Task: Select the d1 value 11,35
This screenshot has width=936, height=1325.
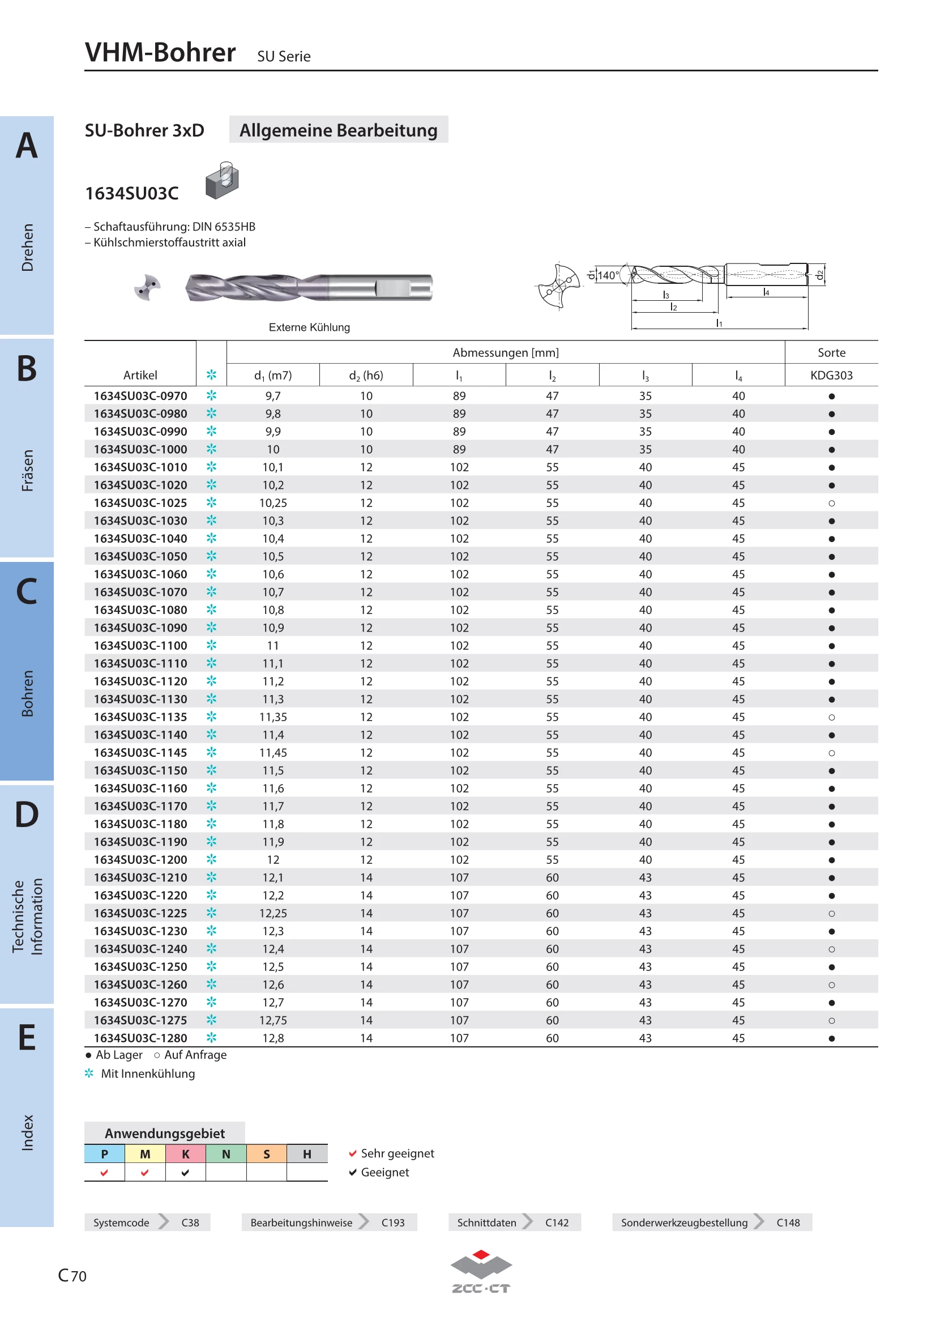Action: pyautogui.click(x=273, y=717)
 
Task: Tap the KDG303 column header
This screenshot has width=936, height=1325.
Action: pyautogui.click(x=831, y=375)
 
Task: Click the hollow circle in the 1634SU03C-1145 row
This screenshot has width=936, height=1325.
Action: pyautogui.click(x=831, y=752)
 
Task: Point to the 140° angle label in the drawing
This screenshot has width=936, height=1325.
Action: pyautogui.click(x=608, y=275)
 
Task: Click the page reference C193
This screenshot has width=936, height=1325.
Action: pyautogui.click(x=393, y=1222)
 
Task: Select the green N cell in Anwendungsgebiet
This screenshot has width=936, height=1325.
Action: pyautogui.click(x=226, y=1153)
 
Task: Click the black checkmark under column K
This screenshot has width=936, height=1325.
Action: pyautogui.click(x=185, y=1172)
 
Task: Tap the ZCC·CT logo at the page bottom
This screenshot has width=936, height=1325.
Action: pyautogui.click(x=480, y=1272)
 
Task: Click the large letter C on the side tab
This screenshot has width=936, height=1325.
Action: pyautogui.click(x=27, y=591)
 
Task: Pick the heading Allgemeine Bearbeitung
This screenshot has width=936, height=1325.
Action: pyautogui.click(x=339, y=130)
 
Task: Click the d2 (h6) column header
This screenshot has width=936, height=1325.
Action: pyautogui.click(x=366, y=376)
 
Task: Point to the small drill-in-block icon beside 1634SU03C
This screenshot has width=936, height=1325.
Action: pyautogui.click(x=222, y=180)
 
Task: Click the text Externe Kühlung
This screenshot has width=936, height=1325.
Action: pyautogui.click(x=309, y=327)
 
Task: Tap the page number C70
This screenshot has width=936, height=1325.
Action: pyautogui.click(x=72, y=1275)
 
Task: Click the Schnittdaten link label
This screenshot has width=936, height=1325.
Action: pyautogui.click(x=486, y=1222)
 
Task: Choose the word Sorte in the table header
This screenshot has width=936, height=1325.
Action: pyautogui.click(x=831, y=352)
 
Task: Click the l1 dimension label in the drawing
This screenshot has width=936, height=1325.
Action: pyautogui.click(x=719, y=322)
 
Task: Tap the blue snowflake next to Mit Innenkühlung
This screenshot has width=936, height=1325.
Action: pyautogui.click(x=89, y=1073)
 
